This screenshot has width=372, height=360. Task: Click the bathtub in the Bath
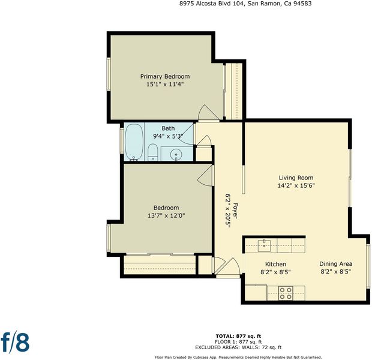click(134, 142)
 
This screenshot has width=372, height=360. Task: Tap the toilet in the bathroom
click(153, 152)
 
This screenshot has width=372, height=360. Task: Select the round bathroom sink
click(176, 155)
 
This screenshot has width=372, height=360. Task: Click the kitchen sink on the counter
click(264, 245)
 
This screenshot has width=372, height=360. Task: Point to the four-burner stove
click(286, 293)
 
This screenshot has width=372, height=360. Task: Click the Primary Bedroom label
click(165, 76)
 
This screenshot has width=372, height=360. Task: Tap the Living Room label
click(296, 178)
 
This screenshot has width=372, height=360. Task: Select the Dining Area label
click(336, 263)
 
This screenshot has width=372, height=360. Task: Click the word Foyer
click(235, 211)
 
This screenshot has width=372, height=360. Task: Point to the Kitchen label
click(275, 264)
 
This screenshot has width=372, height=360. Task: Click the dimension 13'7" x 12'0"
click(166, 216)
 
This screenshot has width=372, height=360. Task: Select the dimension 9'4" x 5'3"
click(168, 136)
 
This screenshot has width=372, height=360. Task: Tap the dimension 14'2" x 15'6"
click(296, 185)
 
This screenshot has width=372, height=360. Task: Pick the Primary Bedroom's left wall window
click(109, 74)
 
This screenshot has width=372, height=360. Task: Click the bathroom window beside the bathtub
click(121, 140)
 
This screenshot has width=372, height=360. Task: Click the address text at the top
click(245, 4)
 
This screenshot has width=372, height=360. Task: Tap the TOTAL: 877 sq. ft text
click(238, 336)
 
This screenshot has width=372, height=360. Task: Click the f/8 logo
click(15, 342)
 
